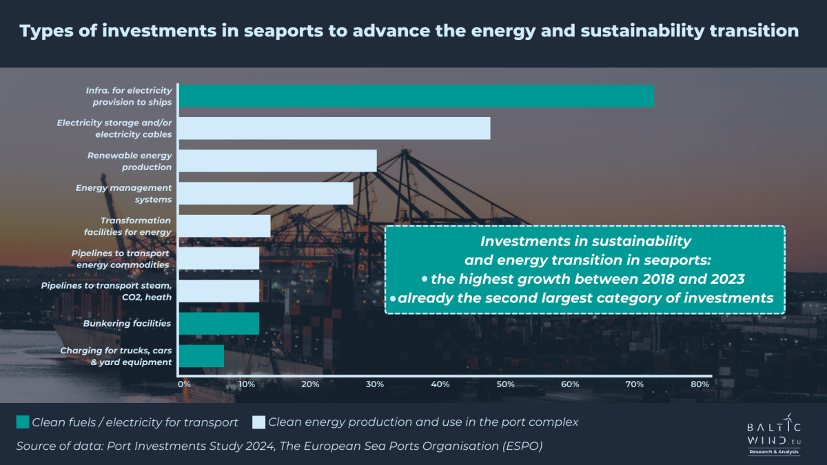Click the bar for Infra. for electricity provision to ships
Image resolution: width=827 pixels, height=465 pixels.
click(x=416, y=96)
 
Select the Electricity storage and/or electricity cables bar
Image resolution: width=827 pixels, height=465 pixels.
click(x=335, y=128)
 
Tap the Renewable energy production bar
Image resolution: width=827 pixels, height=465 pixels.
click(x=278, y=161)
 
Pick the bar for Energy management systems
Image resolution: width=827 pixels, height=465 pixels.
click(x=266, y=194)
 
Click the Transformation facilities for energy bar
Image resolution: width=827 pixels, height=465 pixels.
click(x=225, y=226)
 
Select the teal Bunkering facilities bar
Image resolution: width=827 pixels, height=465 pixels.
click(x=219, y=323)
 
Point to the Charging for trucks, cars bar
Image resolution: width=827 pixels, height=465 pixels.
click(x=202, y=355)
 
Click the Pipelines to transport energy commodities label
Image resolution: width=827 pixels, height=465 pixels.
click(x=121, y=259)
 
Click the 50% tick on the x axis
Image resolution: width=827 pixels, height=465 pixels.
click(x=505, y=384)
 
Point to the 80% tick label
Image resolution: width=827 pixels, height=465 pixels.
click(x=700, y=384)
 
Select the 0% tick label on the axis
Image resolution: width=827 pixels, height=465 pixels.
click(x=184, y=384)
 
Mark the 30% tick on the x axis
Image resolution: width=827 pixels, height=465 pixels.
click(x=375, y=384)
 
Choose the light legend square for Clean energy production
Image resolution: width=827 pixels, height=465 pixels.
click(x=258, y=422)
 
